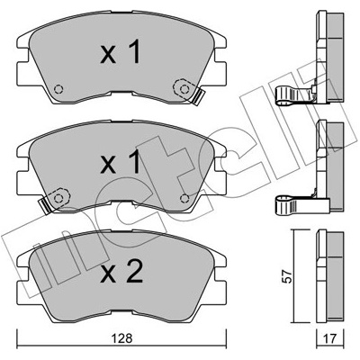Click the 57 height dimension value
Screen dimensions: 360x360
coord(288,276)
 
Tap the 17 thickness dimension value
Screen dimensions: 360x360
coord(330,338)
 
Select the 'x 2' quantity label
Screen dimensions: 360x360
coord(121,271)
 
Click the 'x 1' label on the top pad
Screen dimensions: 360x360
coord(121,52)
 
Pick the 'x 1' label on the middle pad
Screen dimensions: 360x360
coord(121,162)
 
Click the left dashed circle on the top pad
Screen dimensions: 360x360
coord(58,89)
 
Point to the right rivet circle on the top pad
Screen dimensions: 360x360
coord(184,89)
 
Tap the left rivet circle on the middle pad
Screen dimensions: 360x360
coord(58,198)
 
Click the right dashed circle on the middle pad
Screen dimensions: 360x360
coord(184,198)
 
